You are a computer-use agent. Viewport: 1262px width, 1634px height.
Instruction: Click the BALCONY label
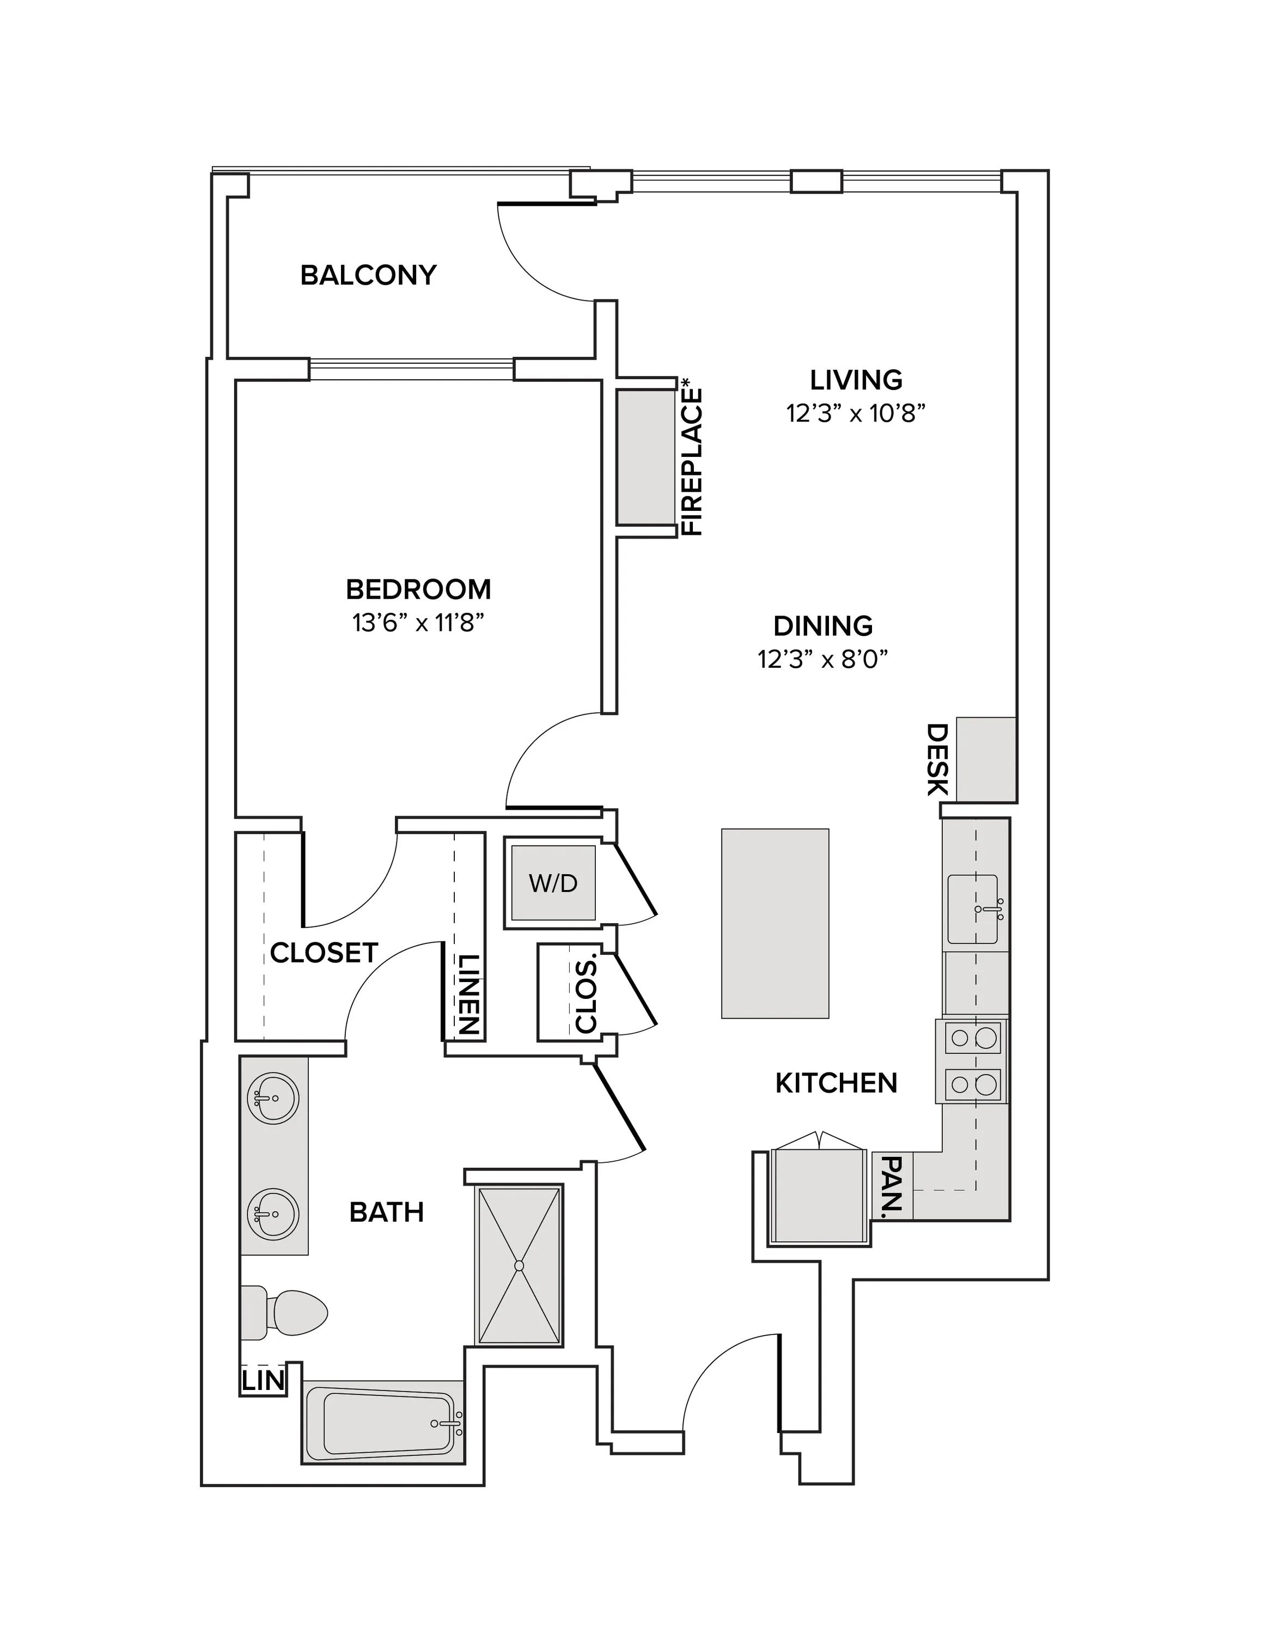pos(368,275)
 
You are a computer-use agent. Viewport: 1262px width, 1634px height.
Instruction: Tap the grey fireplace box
pos(645,456)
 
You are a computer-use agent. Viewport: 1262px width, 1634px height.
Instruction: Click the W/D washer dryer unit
pos(553,883)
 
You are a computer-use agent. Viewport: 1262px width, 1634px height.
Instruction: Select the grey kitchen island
pos(775,923)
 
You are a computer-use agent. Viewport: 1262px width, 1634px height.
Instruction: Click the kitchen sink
pos(973,909)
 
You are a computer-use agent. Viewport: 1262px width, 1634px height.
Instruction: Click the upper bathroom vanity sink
pos(272,1098)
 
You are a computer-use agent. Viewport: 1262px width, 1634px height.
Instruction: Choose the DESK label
pos(937,759)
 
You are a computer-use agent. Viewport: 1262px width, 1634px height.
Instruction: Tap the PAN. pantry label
pos(894,1187)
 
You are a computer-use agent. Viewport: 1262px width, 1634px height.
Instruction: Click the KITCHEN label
pos(837,1083)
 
